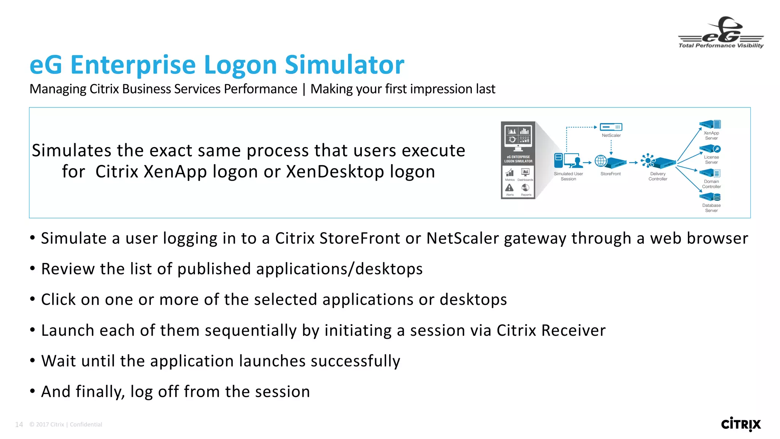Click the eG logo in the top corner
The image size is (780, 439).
721,33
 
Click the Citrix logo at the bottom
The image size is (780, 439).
741,424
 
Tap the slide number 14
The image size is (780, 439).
19,425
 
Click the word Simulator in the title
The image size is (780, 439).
344,65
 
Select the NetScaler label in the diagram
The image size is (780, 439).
611,135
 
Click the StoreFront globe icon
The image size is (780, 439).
601,161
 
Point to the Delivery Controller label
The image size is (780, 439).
658,176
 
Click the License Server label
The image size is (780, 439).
711,160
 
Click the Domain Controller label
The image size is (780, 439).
711,184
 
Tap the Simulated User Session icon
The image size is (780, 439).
568,161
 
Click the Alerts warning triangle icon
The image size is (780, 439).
509,188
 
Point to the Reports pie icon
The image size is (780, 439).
526,188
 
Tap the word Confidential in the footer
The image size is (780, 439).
86,425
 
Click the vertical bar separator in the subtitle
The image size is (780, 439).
304,89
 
